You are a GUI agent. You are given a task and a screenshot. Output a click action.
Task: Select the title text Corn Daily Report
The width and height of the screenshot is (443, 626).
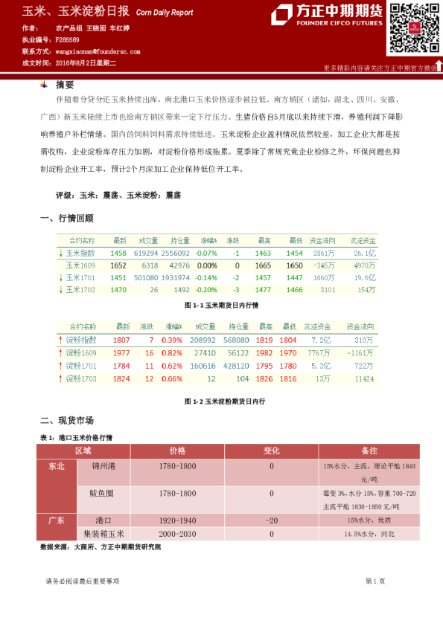coord(164,13)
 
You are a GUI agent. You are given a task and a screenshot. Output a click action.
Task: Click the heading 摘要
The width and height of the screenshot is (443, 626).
coord(65,85)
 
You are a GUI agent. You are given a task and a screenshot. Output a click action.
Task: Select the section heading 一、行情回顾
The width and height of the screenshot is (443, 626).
coord(67,219)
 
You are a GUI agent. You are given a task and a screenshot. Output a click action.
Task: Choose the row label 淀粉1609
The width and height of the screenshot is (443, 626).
coord(82,352)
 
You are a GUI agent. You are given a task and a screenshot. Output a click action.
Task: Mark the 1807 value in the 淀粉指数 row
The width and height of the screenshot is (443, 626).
coord(122,340)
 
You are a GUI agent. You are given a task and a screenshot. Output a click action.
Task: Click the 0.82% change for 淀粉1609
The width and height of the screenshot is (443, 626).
coord(172,352)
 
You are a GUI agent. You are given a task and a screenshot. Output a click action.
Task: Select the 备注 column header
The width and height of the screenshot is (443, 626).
coord(370,451)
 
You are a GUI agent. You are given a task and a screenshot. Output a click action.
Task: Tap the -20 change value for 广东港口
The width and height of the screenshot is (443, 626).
coord(271,520)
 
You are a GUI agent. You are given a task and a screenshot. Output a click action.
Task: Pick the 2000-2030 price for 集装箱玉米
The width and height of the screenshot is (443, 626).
coord(177,534)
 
